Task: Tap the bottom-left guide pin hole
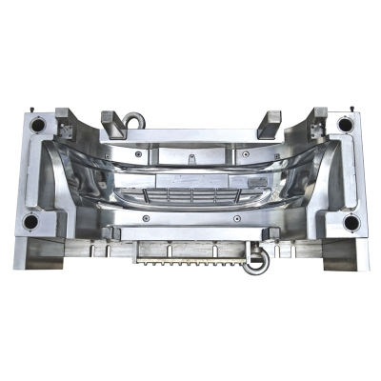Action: pyautogui.click(x=30, y=223)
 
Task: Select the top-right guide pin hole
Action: pyautogui.click(x=345, y=124)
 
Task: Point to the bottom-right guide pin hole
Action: pyautogui.click(x=351, y=223)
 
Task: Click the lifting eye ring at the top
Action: pyautogui.click(x=132, y=119)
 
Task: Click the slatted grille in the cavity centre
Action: pyautogui.click(x=191, y=196)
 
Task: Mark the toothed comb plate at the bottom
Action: pyautogui.click(x=187, y=256)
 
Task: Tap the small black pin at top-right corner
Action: pyautogui.click(x=354, y=114)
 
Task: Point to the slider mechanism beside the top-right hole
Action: pyautogui.click(x=314, y=125)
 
